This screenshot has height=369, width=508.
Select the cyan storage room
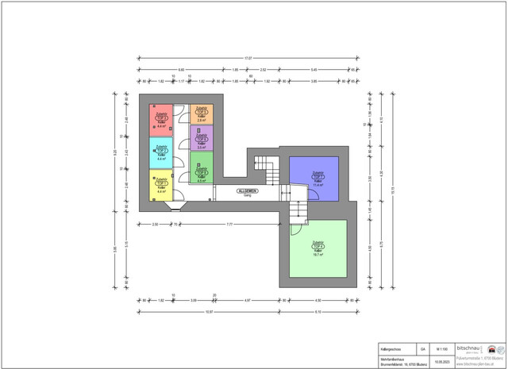click(x=161, y=153)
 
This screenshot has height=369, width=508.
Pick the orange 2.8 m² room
click(x=202, y=113)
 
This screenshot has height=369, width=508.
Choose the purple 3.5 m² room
click(x=202, y=141)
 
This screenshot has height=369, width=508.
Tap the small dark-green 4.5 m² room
click(x=202, y=171)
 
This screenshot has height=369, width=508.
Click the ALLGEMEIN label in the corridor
click(x=247, y=191)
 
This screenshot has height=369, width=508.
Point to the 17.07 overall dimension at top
click(x=248, y=57)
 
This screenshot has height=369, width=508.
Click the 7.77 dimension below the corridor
click(x=229, y=225)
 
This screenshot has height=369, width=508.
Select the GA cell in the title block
click(x=423, y=348)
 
